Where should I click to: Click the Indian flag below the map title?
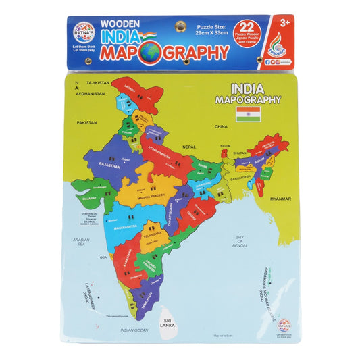click(249, 113)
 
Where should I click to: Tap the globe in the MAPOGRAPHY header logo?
click(149, 52)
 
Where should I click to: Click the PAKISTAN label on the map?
click(87, 123)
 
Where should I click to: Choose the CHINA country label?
click(221, 126)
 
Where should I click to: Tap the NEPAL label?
click(189, 147)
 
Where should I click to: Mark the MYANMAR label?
click(280, 199)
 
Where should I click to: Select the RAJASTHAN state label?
click(108, 165)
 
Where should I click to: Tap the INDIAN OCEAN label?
click(134, 330)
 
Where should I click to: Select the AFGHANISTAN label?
click(91, 93)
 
